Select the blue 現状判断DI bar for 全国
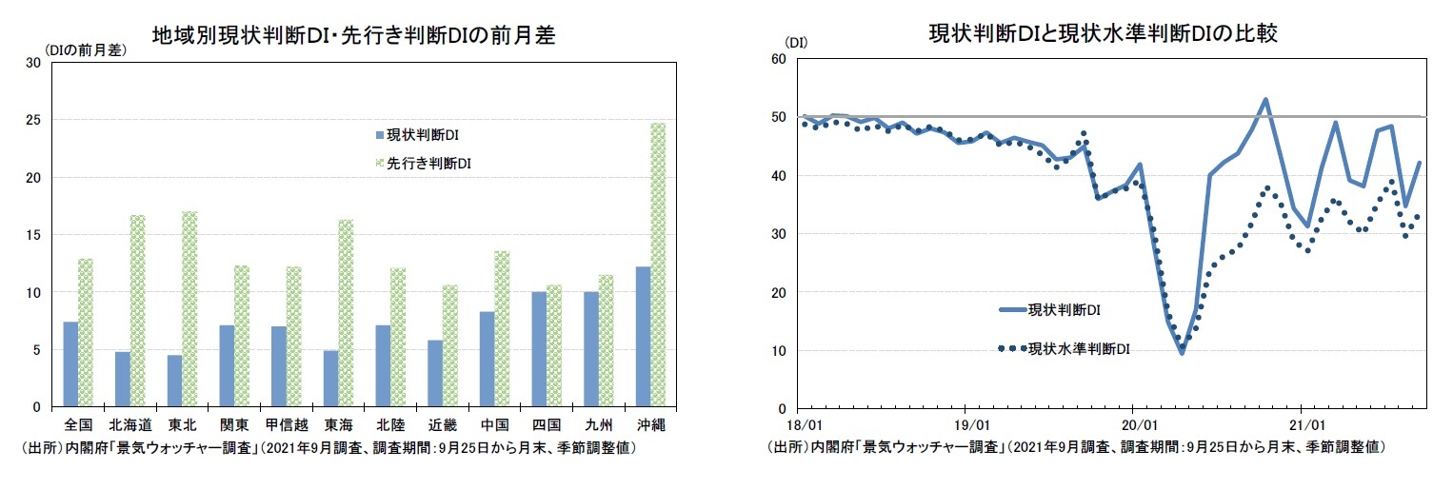pos(70,364)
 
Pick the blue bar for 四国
pos(539,349)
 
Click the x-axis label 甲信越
pos(286,423)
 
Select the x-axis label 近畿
pos(442,423)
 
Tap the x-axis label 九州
pos(598,423)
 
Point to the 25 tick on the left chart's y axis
pos(33,121)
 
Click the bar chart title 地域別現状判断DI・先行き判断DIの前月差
pos(353,35)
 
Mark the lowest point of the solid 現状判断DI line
pos(1182,353)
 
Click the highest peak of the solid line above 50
pos(1265,99)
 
